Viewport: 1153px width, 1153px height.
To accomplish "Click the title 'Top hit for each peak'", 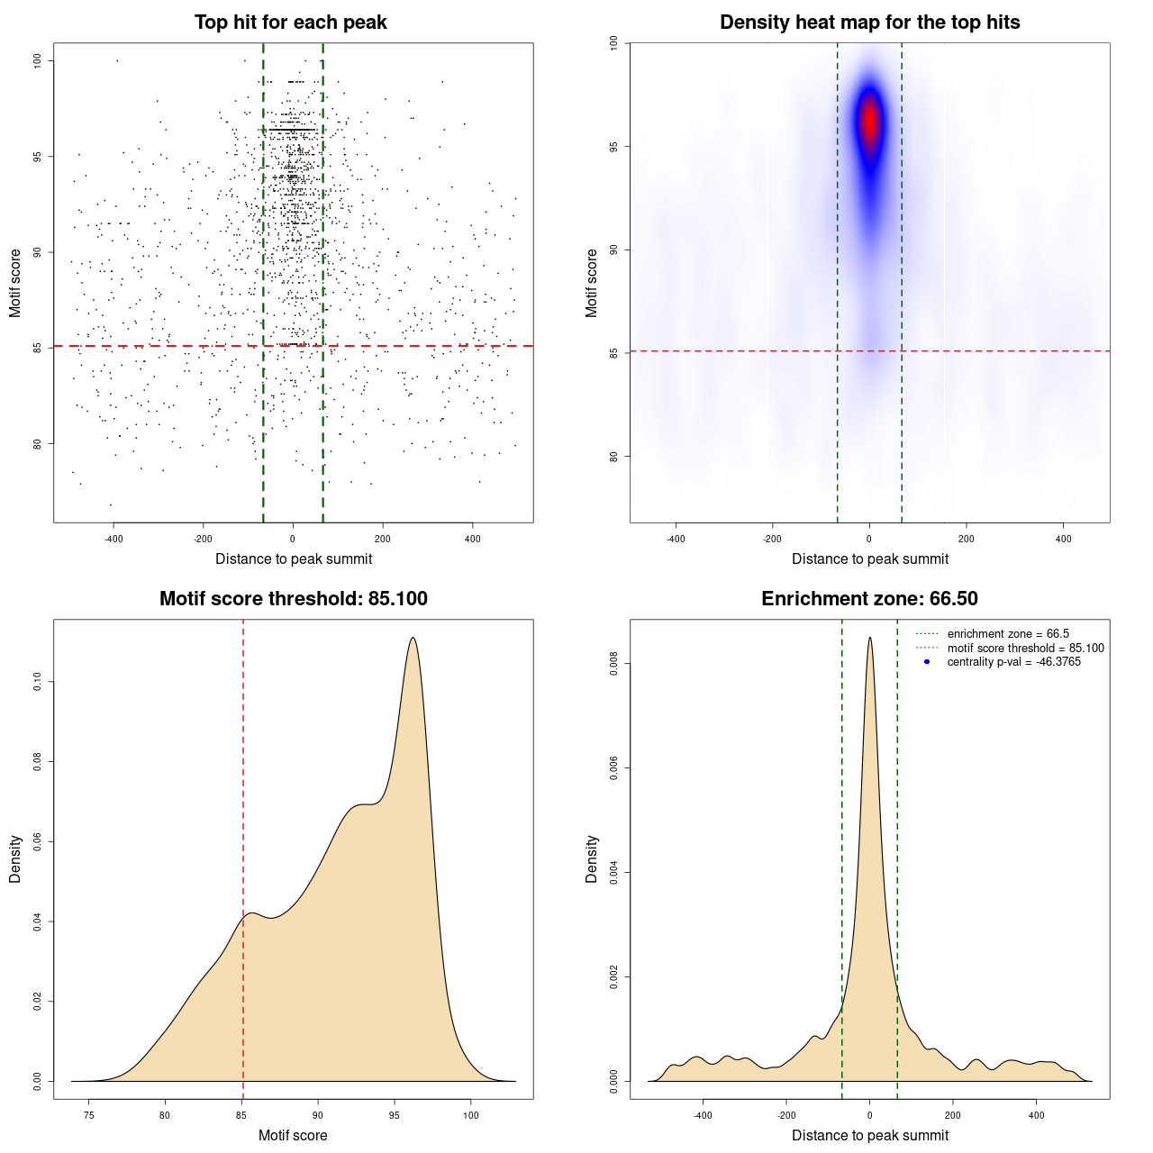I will point(290,23).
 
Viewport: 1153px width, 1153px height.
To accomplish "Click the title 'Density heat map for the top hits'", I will point(869,23).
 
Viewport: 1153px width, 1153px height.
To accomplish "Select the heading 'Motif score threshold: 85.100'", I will point(293,599).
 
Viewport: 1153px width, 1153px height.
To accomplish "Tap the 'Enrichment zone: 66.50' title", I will point(869,599).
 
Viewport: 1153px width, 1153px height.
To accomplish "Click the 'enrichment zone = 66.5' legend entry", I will point(1008,634).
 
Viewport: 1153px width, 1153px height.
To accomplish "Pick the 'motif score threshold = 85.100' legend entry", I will point(1025,648).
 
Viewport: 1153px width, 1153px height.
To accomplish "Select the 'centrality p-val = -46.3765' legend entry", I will point(1013,662).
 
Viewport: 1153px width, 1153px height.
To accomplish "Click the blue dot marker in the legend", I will point(927,662).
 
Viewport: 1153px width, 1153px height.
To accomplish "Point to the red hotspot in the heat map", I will point(869,120).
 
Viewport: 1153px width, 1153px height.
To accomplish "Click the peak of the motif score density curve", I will point(413,638).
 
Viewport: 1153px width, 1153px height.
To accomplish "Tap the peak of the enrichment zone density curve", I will point(869,638).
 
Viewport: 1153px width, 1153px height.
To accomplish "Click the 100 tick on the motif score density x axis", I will point(471,1116).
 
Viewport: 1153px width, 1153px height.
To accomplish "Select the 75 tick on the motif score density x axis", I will point(88,1116).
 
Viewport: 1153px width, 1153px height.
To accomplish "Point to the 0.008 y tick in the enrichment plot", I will point(613,665).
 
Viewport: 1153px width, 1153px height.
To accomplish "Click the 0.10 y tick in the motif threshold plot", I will point(37,683).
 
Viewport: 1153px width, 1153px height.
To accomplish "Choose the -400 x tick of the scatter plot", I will point(113,540).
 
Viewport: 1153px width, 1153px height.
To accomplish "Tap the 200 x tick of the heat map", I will point(967,540).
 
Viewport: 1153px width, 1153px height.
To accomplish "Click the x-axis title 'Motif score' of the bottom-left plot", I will point(293,1135).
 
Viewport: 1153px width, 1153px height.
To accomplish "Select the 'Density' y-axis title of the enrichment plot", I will point(592,858).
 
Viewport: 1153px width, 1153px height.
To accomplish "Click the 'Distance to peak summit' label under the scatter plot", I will point(294,559).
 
